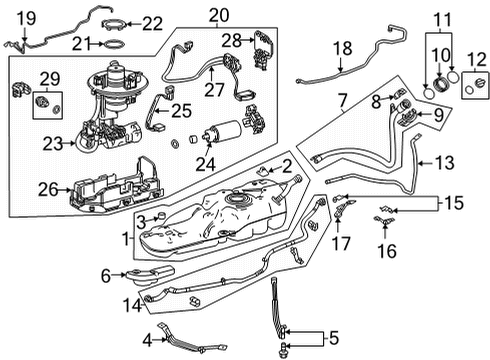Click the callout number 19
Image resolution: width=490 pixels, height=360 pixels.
point(26,16)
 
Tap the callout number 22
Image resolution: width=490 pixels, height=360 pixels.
point(151,23)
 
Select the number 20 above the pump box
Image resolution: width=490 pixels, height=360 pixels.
point(218,14)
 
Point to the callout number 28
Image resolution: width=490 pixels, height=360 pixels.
point(231,40)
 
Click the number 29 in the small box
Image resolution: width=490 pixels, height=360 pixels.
point(47,77)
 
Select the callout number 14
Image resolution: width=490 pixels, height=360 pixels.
point(130,303)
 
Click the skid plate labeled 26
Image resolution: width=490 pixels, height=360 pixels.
point(108,187)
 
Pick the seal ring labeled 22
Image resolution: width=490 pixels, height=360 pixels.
point(117,22)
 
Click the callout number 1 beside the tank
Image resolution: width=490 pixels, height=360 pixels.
point(124,240)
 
